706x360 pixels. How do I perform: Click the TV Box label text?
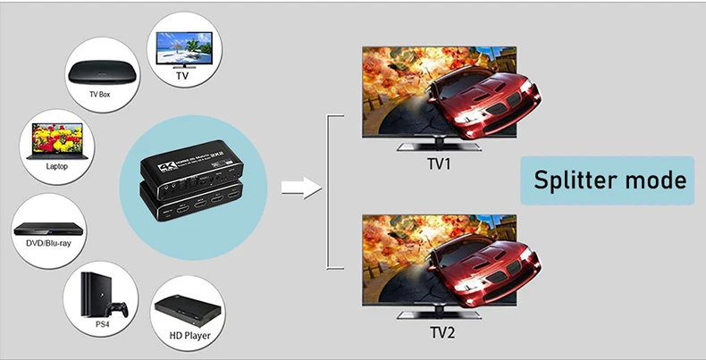coord(99,94)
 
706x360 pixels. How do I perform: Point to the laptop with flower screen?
coord(56,143)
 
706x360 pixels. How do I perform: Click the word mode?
coord(656,180)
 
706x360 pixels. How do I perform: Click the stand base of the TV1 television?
coord(438,147)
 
